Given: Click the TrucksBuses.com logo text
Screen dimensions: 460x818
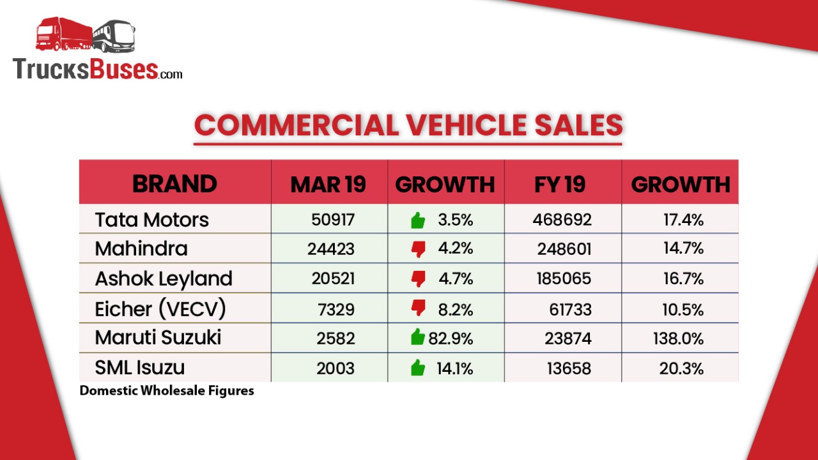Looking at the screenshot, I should (x=97, y=69).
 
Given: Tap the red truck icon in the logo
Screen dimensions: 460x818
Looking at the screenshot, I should (x=64, y=34).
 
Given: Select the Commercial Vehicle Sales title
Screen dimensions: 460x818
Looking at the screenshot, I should (x=408, y=125).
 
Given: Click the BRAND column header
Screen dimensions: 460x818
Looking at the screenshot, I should (x=174, y=184).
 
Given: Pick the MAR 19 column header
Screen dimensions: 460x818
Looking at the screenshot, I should (x=328, y=184).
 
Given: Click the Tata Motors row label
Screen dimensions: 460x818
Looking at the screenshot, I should (x=152, y=220).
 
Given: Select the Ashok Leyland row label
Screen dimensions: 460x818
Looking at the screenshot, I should (x=164, y=279).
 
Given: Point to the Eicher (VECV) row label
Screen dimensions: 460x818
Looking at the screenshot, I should (x=160, y=309).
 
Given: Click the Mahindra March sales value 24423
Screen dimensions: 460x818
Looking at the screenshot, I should (x=330, y=249).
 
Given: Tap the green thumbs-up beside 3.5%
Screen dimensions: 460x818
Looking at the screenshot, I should (x=418, y=221).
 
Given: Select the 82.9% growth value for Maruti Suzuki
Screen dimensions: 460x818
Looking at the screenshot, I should (x=451, y=339).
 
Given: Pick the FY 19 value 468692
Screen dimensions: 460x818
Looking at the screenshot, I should (x=562, y=220).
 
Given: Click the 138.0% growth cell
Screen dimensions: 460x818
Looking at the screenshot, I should (x=678, y=339).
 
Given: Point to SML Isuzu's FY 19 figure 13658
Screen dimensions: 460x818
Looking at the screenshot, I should (x=569, y=369).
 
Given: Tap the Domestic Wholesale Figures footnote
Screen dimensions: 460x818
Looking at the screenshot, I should (x=167, y=390).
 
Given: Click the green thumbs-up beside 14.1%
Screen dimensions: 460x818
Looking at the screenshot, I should (x=418, y=367).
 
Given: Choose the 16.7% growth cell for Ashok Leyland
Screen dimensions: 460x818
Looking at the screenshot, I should (x=683, y=279).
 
